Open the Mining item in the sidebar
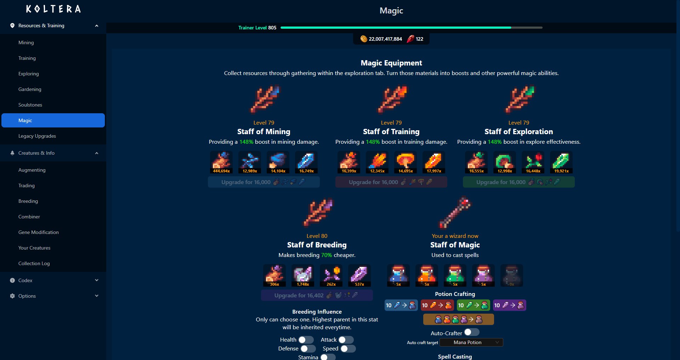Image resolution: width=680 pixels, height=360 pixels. [26, 42]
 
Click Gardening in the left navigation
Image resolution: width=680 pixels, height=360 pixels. [30, 89]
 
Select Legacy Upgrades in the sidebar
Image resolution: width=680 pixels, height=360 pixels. [37, 136]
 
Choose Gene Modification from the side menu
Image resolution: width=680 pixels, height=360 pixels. [39, 232]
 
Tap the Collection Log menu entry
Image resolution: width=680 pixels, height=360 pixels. [34, 263]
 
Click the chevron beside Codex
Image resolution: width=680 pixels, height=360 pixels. [97, 280]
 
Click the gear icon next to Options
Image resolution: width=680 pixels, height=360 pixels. [12, 296]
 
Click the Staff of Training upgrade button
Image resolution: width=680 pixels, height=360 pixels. [391, 182]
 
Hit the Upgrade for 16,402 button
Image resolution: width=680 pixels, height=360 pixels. [317, 295]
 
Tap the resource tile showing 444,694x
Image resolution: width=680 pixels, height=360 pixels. [221, 162]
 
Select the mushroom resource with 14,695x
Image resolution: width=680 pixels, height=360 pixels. [406, 162]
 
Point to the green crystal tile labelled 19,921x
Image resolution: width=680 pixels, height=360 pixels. [561, 162]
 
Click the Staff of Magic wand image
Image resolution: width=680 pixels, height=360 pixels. [455, 213]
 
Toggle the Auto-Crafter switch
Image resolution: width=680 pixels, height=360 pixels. [471, 332]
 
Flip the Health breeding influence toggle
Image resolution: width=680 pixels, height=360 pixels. [306, 340]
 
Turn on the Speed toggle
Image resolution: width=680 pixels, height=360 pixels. [348, 349]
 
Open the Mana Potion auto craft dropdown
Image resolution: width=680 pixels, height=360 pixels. [471, 342]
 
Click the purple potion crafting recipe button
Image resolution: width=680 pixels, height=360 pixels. [509, 305]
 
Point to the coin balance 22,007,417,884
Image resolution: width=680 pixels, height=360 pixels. [385, 39]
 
